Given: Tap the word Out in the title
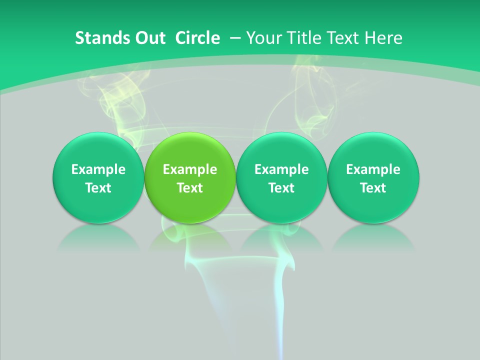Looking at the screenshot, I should [149, 38].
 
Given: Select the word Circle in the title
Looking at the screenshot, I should [197, 38].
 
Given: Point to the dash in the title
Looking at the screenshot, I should [234, 38].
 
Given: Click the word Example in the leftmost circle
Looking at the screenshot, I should [98, 169].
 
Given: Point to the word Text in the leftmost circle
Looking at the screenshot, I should [98, 188].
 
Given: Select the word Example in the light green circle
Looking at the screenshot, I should [190, 169].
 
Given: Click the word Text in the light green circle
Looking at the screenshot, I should [190, 188].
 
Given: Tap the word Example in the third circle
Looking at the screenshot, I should [281, 169].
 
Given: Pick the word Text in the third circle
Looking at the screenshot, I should [281, 188].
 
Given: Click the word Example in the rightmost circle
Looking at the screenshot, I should [373, 169].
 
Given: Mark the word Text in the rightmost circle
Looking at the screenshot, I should [373, 188].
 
